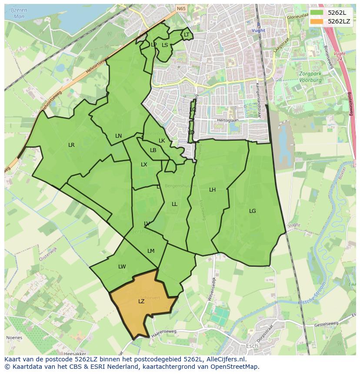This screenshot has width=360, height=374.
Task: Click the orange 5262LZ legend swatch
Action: [x=317, y=21]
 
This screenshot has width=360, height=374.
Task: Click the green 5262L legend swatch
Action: [x=317, y=12]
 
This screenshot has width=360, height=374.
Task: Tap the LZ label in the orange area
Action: [x=141, y=301]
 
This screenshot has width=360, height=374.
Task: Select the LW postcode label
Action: [x=122, y=267]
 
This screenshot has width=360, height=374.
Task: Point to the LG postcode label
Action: [x=253, y=211]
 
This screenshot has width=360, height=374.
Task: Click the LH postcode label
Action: [x=212, y=190]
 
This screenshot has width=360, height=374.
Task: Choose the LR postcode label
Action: [x=71, y=145]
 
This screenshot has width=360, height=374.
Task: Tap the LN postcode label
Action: [x=118, y=136]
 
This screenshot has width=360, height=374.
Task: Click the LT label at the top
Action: [x=187, y=35]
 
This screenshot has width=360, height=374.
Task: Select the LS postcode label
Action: [x=165, y=45]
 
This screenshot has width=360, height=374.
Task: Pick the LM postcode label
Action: [x=151, y=251]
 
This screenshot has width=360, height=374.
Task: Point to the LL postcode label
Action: [x=174, y=204]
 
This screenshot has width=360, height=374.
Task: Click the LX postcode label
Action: [x=144, y=165]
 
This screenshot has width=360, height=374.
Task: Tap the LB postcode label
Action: [x=153, y=150]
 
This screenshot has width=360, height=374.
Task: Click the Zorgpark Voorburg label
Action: [x=310, y=77]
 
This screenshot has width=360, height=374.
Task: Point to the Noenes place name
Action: [x=14, y=338]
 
